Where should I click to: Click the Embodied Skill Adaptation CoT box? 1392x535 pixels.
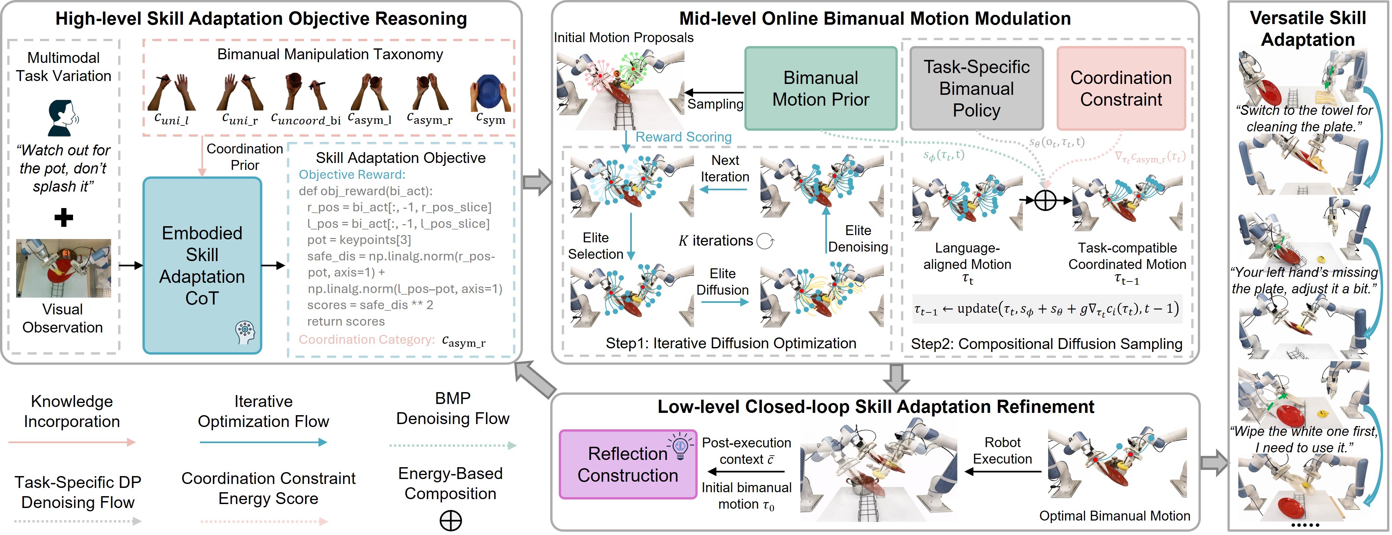click(x=202, y=265)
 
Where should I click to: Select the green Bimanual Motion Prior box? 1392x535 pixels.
click(x=820, y=89)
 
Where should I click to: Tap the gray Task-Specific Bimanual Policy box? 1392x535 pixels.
click(x=976, y=89)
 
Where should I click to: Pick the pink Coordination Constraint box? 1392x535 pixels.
click(x=1121, y=89)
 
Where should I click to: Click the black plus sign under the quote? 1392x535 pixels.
click(x=64, y=218)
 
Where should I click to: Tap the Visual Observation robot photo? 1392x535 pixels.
click(x=64, y=268)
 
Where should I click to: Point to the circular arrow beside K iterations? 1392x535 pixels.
click(x=765, y=241)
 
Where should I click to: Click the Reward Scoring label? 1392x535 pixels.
click(x=683, y=137)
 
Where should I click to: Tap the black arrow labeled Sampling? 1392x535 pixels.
click(x=713, y=93)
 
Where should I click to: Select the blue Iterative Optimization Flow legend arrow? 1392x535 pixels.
click(x=263, y=442)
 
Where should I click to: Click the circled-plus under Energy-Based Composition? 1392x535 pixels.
click(x=450, y=521)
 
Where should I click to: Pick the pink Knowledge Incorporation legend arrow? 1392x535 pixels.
click(x=72, y=442)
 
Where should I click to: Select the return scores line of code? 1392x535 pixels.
click(x=346, y=322)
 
